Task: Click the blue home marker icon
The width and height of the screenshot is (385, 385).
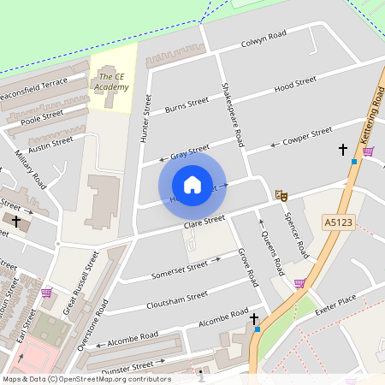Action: [192, 185]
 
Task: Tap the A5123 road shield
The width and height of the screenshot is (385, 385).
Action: [337, 222]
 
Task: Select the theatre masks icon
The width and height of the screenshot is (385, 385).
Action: [280, 195]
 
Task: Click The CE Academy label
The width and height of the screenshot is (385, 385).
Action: [111, 82]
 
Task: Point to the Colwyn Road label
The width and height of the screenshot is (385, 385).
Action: [263, 38]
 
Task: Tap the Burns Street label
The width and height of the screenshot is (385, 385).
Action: [187, 105]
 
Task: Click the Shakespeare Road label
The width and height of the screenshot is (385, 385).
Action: [233, 114]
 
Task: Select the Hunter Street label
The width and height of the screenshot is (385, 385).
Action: [146, 118]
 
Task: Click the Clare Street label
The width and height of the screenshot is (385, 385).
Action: [204, 222]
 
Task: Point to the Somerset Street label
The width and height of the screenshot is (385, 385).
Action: [180, 269]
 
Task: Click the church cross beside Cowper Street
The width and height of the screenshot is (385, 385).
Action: [343, 150]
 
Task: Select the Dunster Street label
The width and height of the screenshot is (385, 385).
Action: [127, 365]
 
